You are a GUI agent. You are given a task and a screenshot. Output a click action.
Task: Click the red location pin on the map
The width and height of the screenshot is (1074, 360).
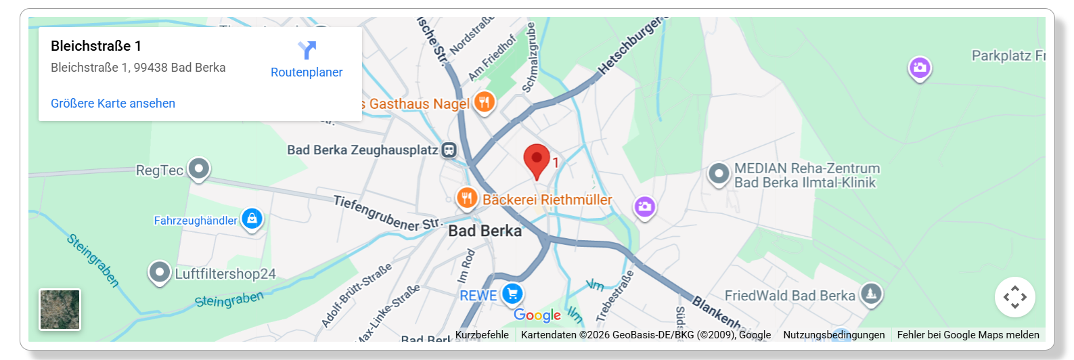pyautogui.click(x=537, y=160)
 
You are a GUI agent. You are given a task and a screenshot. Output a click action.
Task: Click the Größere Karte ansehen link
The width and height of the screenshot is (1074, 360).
pyautogui.click(x=113, y=104)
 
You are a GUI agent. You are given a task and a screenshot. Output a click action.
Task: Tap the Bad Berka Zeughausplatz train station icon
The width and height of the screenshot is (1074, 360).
pyautogui.click(x=449, y=150)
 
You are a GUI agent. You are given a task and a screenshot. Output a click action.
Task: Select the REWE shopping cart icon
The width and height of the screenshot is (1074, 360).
pyautogui.click(x=512, y=294)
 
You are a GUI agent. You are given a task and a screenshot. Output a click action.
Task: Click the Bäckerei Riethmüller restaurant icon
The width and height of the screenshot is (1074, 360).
pyautogui.click(x=466, y=198)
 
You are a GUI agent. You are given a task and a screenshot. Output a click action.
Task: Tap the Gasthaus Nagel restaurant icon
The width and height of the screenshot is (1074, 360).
pyautogui.click(x=484, y=102)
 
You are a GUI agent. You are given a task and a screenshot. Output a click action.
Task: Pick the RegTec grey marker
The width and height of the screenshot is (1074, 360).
pyautogui.click(x=198, y=168)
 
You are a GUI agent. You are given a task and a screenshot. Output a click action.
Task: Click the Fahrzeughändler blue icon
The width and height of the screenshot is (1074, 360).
pyautogui.click(x=252, y=219)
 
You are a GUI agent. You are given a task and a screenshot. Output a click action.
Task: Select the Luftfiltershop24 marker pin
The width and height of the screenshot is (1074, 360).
pyautogui.click(x=159, y=272)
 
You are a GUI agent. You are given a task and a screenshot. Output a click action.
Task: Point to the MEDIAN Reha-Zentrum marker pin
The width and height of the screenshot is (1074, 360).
pyautogui.click(x=718, y=174)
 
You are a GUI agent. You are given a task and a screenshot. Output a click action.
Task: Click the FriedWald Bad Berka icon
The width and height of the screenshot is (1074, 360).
pyautogui.click(x=871, y=294)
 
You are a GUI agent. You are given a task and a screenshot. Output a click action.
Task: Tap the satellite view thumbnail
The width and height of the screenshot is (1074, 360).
pyautogui.click(x=60, y=309)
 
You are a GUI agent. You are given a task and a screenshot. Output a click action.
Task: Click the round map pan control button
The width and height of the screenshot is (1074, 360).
pyautogui.click(x=1014, y=297)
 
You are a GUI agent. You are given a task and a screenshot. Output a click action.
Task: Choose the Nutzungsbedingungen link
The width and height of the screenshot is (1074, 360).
pyautogui.click(x=834, y=335)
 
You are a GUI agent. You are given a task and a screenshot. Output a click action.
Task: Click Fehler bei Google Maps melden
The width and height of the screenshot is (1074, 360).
pyautogui.click(x=968, y=335)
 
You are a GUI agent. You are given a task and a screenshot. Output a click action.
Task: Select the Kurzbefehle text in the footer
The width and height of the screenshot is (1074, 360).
pyautogui.click(x=482, y=335)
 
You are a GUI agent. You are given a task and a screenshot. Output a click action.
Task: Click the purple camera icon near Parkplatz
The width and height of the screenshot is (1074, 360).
pyautogui.click(x=919, y=67)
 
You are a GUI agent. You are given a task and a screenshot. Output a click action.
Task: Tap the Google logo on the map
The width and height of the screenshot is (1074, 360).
pyautogui.click(x=537, y=315)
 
